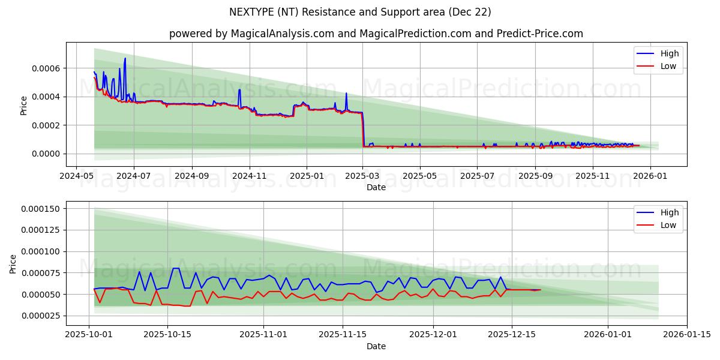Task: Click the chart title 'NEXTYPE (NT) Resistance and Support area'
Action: coord(360,12)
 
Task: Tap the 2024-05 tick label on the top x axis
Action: coord(76,177)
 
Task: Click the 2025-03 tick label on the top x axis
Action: coord(363,177)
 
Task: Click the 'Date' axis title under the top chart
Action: coord(376,188)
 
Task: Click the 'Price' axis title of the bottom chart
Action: coord(14,263)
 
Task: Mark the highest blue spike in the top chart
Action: coord(125,59)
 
